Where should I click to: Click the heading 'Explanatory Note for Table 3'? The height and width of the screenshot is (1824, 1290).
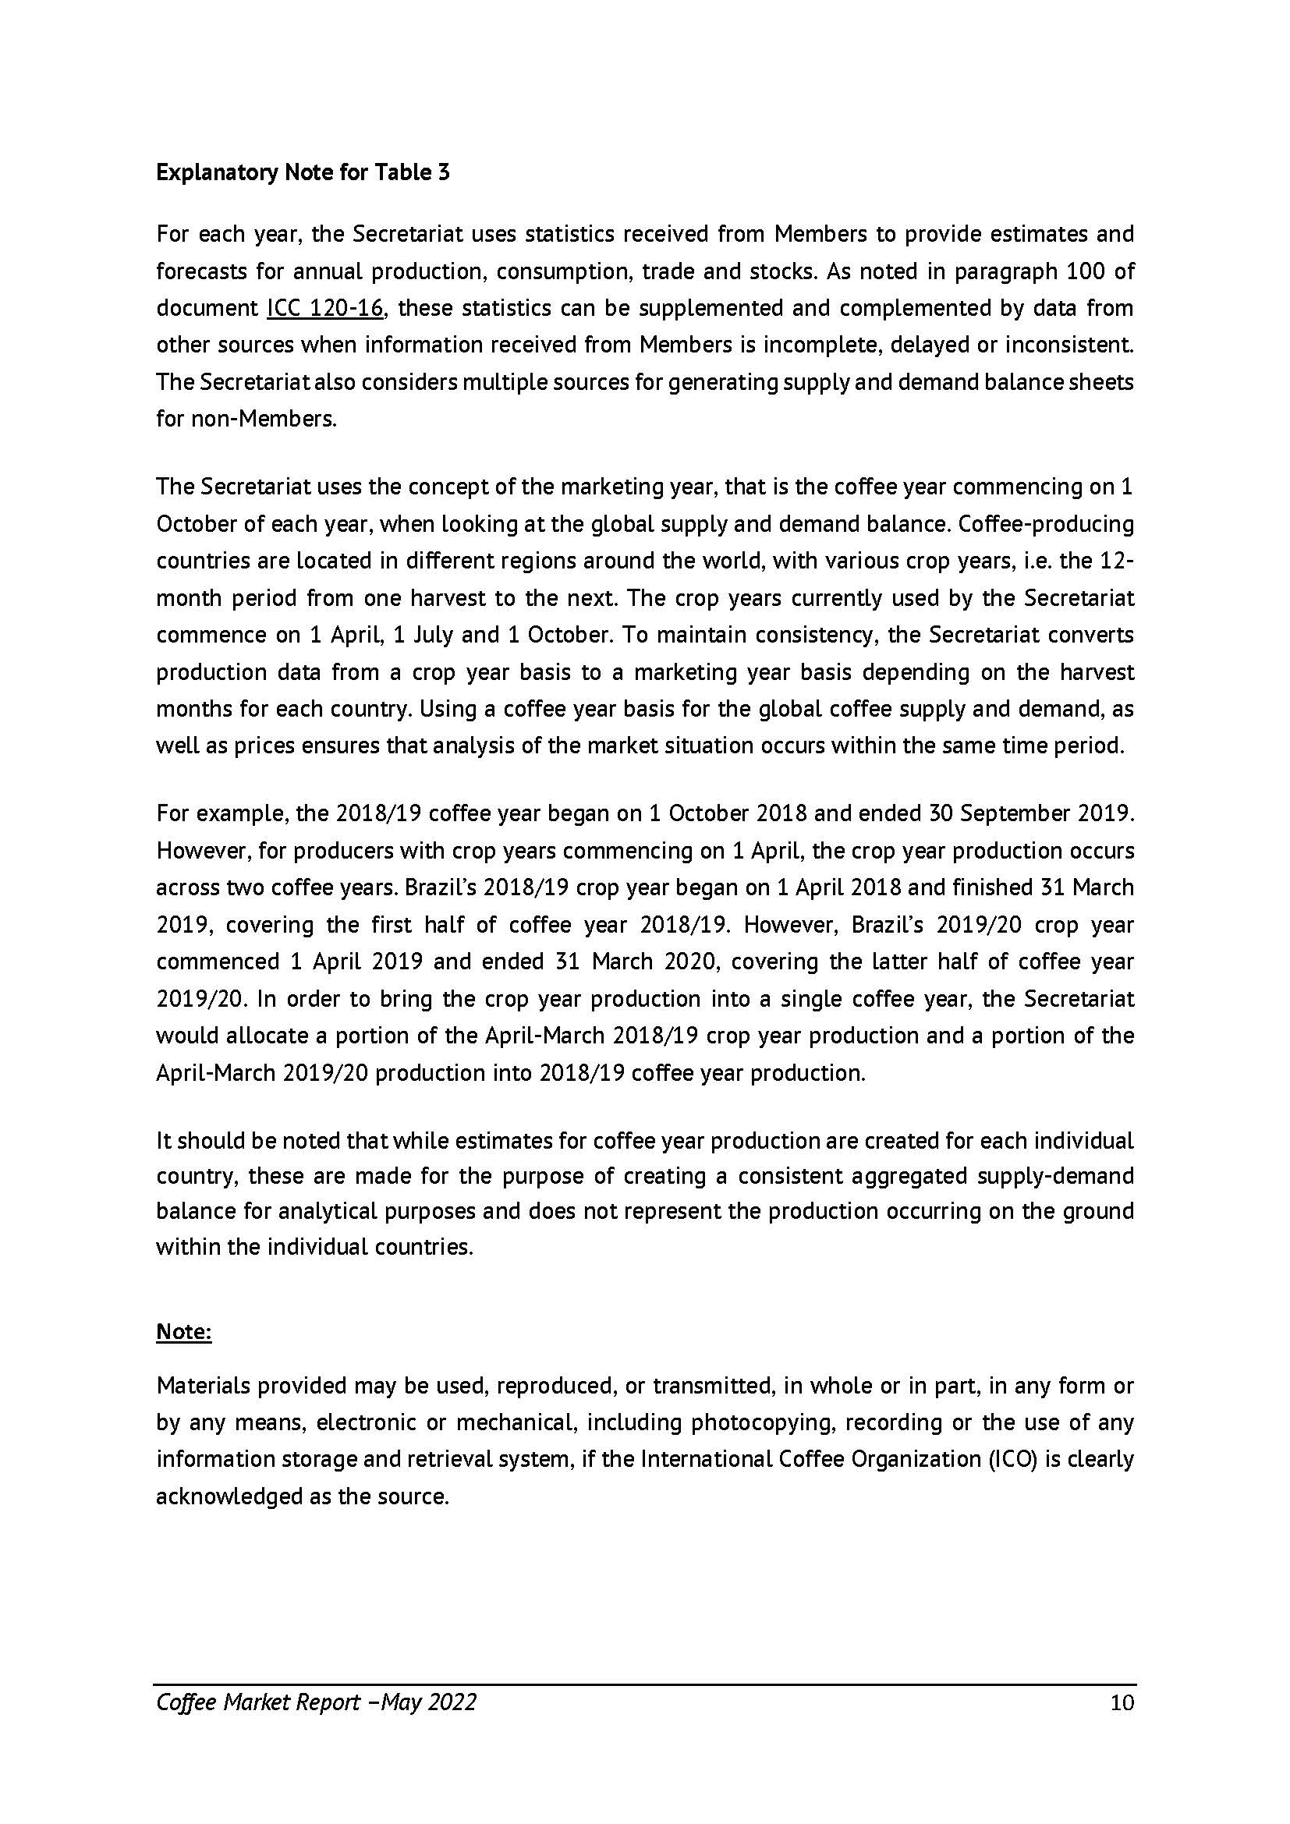(x=303, y=172)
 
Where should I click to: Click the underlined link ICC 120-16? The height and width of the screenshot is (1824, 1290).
(x=326, y=308)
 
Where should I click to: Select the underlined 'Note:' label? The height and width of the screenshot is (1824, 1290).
(x=183, y=1331)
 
